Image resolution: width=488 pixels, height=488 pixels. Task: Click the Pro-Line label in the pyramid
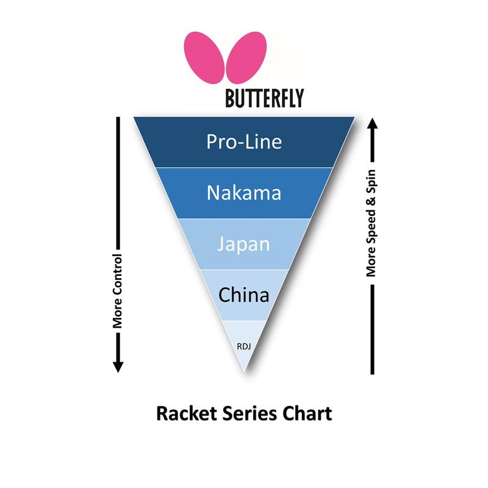[244, 142]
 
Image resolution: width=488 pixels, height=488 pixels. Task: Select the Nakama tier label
[244, 193]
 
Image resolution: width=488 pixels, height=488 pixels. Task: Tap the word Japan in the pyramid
[244, 244]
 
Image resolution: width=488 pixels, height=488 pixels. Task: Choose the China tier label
[244, 295]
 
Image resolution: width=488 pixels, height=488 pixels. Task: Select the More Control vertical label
[118, 291]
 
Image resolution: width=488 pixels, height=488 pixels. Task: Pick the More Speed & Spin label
[371, 223]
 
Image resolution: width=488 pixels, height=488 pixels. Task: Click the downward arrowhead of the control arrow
[118, 366]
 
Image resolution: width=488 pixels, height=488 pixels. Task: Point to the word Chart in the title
[307, 414]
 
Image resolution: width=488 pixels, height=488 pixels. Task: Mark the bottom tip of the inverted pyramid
[244, 373]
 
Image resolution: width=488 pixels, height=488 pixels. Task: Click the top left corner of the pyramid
[134, 117]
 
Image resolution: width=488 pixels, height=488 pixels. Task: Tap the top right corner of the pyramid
[355, 117]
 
